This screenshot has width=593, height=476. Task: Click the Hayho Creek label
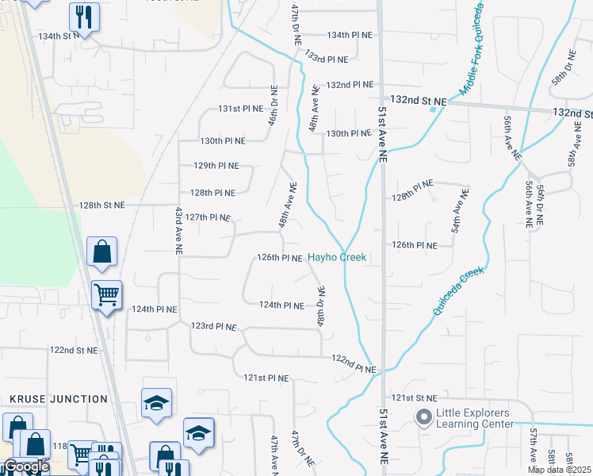pyautogui.click(x=337, y=257)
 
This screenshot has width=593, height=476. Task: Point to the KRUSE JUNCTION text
pyautogui.click(x=59, y=399)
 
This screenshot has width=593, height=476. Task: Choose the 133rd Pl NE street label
pyautogui.click(x=327, y=59)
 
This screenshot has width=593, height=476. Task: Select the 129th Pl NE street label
pyautogui.click(x=216, y=166)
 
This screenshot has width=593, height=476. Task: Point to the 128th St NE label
pyautogui.click(x=101, y=205)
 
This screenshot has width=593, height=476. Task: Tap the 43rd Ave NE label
pyautogui.click(x=178, y=231)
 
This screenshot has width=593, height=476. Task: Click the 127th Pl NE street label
pyautogui.click(x=209, y=217)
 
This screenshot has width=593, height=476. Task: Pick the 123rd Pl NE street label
pyautogui.click(x=213, y=326)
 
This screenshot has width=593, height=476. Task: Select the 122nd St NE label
pyautogui.click(x=74, y=349)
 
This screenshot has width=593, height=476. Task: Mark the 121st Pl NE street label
pyautogui.click(x=264, y=378)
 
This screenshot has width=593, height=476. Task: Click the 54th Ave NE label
pyautogui.click(x=457, y=211)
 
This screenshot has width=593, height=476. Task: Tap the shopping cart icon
pyautogui.click(x=106, y=295)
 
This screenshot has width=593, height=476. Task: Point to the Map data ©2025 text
pyautogui.click(x=558, y=470)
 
